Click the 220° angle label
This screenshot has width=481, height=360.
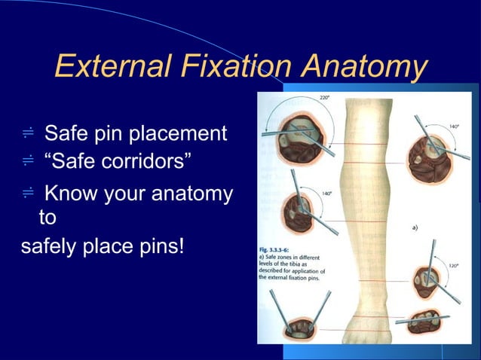click(x=324, y=98)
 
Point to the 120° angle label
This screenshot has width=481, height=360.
click(x=454, y=266)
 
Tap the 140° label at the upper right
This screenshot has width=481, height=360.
click(x=454, y=127)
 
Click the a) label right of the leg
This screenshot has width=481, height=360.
click(x=416, y=225)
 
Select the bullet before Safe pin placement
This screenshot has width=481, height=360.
click(x=28, y=135)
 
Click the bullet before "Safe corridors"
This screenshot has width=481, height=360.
click(x=28, y=160)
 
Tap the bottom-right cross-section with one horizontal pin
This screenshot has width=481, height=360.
click(x=428, y=323)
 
